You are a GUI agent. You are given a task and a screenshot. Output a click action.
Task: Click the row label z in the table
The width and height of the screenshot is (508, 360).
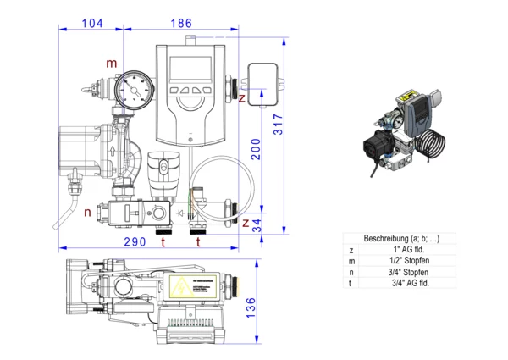pos(351,250)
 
